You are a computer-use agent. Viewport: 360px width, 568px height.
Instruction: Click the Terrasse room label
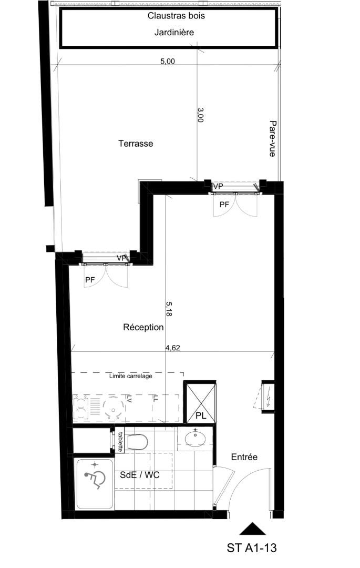(x=136, y=144)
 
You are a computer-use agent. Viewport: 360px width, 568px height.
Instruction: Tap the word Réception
(x=143, y=327)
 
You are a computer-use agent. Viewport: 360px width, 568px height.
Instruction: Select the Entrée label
(x=244, y=457)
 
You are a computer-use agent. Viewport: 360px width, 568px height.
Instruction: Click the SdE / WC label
(x=140, y=475)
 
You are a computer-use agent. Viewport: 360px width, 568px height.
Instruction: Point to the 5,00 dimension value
(x=168, y=61)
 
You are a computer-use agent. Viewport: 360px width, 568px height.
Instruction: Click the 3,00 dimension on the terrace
(x=200, y=115)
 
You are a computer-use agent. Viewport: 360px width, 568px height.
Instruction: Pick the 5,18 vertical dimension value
(x=168, y=309)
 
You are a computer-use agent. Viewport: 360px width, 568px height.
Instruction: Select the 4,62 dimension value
(x=172, y=348)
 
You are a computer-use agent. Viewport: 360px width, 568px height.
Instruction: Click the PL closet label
(x=201, y=416)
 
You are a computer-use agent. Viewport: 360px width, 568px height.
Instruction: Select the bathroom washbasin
(x=196, y=439)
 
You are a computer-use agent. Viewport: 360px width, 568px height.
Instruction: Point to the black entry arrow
(x=253, y=529)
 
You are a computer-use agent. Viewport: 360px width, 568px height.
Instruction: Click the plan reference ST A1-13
(x=252, y=547)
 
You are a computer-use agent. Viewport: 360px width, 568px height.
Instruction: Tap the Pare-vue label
(x=273, y=139)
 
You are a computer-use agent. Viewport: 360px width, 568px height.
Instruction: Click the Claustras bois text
(x=176, y=16)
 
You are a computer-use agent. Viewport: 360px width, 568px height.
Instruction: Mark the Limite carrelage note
(x=131, y=376)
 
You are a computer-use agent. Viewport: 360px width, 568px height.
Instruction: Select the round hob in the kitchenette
(x=113, y=408)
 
